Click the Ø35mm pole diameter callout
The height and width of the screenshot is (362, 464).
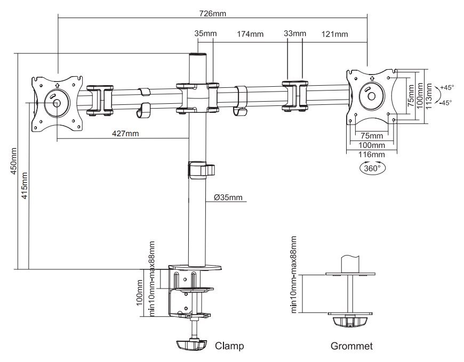click(228, 198)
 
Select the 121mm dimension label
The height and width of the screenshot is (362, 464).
click(335, 35)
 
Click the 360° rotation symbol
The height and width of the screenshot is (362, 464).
click(371, 168)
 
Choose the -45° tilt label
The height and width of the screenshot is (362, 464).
click(445, 102)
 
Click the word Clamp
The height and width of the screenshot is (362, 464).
click(229, 346)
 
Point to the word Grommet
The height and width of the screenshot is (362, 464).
click(351, 346)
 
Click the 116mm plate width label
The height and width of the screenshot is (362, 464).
click(372, 154)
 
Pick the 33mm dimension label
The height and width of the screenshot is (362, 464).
click(295, 35)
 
